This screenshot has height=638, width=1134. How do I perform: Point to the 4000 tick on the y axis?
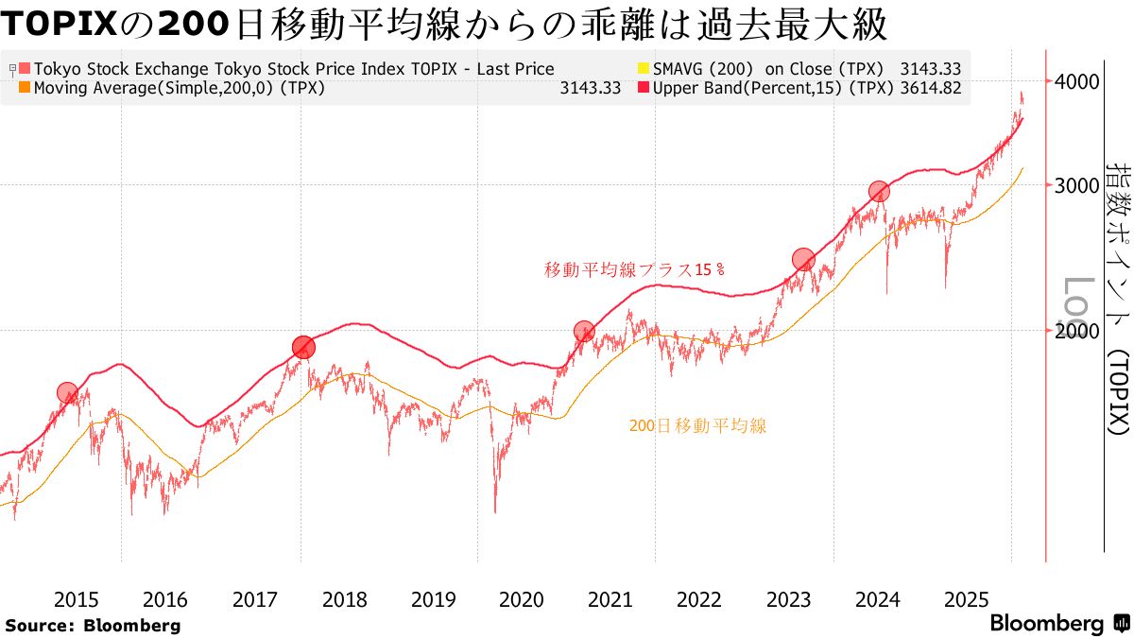(x=1078, y=81)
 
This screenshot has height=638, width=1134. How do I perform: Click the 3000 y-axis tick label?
(x=1078, y=185)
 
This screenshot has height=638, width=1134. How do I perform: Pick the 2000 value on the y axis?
(x=1078, y=331)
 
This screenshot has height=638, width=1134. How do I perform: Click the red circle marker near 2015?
(x=67, y=393)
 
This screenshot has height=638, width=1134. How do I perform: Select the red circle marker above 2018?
(x=302, y=347)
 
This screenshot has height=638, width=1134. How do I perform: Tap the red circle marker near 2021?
(x=584, y=332)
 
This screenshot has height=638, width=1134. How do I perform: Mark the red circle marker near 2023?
(x=803, y=259)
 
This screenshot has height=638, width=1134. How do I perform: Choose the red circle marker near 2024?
(x=879, y=192)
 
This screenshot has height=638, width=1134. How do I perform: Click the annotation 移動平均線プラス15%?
(x=634, y=269)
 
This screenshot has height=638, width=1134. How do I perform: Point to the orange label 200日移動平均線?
(x=697, y=426)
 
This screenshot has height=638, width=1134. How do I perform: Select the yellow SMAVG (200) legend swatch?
(x=645, y=69)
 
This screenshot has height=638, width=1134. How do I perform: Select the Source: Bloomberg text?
(x=93, y=625)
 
